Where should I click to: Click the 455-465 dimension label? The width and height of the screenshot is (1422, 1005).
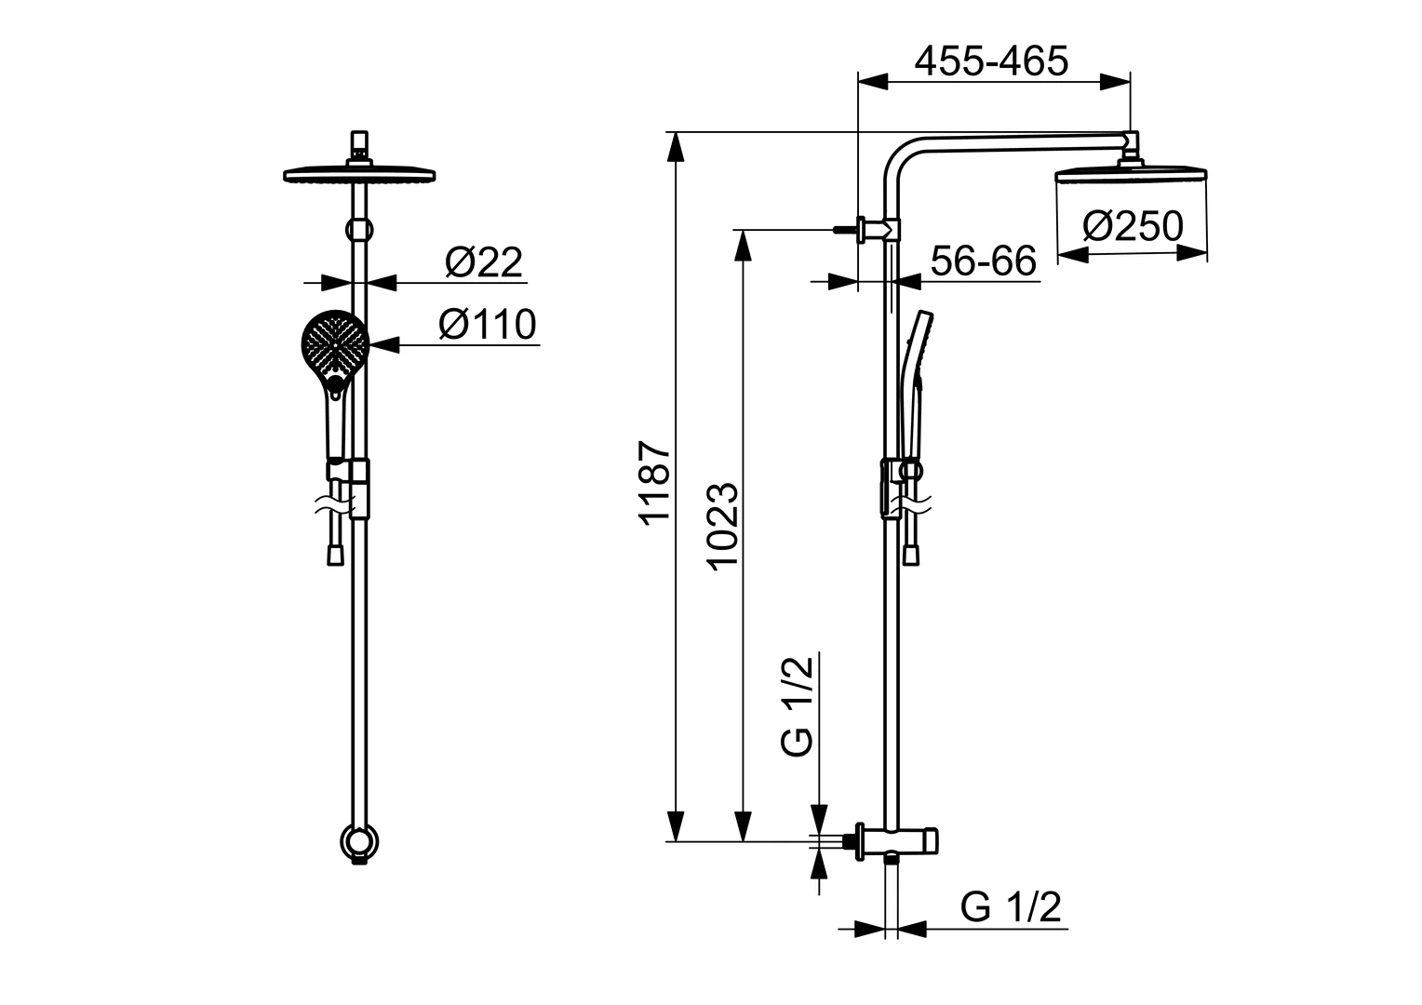tap(991, 61)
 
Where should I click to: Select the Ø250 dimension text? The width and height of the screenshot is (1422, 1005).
tap(1133, 226)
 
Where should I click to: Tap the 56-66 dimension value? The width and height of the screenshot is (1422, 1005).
tap(983, 261)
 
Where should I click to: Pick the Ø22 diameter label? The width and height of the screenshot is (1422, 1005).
tap(483, 262)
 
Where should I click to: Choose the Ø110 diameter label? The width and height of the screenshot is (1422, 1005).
tap(488, 325)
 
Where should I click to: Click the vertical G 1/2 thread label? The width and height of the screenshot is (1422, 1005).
tap(798, 705)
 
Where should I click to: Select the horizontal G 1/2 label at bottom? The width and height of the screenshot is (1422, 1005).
tap(1011, 907)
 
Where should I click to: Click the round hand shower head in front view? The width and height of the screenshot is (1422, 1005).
tap(334, 343)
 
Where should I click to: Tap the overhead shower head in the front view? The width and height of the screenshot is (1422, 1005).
tap(359, 174)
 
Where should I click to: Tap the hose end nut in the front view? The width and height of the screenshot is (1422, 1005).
tap(335, 555)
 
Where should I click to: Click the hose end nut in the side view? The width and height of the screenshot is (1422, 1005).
tap(913, 555)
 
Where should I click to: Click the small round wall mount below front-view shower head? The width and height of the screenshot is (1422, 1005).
tap(359, 229)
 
